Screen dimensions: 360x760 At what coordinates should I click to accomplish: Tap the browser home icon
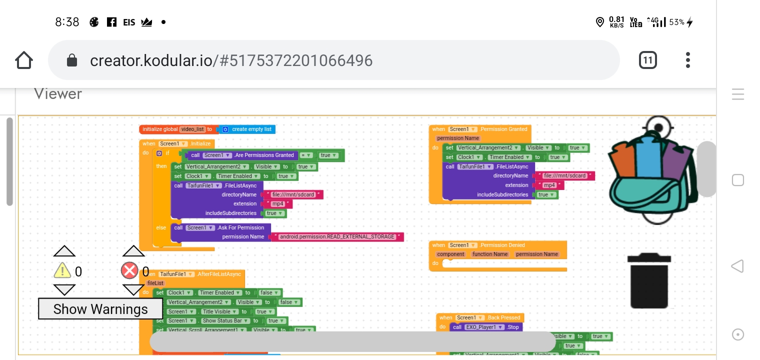pos(24,60)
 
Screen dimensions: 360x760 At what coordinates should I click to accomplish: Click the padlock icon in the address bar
pos(72,60)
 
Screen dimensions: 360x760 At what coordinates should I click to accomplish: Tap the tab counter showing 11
pos(647,60)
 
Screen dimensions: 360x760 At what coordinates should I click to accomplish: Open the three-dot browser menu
pos(688,60)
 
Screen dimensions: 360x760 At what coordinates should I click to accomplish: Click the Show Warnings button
pos(100,309)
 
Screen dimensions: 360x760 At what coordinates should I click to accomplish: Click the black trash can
pos(649,281)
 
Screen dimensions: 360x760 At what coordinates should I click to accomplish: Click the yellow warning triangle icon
pos(62,271)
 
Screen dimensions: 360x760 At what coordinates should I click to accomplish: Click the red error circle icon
pos(129,271)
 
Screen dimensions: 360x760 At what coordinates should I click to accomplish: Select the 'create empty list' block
pos(250,129)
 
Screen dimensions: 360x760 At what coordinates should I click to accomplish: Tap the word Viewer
pos(58,93)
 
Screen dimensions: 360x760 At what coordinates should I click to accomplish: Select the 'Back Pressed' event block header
pos(480,317)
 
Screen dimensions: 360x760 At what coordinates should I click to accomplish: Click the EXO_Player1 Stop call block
pos(486,327)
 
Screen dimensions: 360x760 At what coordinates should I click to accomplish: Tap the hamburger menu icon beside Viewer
pos(738,94)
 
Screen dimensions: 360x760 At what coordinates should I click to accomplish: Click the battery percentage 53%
pos(676,22)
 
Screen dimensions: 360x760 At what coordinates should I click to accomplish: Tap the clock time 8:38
pos(67,22)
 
